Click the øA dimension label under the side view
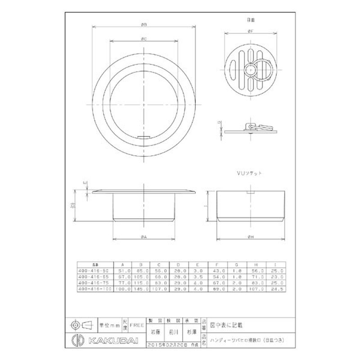coord(143,237)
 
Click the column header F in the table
coord(219,265)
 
